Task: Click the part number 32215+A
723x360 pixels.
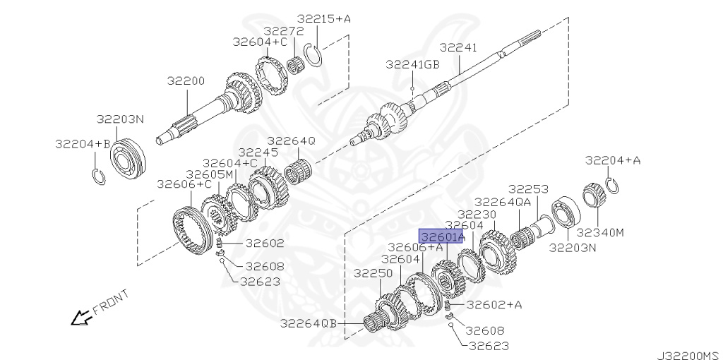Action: [x=323, y=19]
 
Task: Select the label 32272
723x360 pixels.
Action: [x=284, y=31]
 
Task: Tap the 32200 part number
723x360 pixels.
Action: [x=186, y=81]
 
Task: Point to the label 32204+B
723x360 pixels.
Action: [x=83, y=144]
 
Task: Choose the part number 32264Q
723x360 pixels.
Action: [x=292, y=141]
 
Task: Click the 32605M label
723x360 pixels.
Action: [x=210, y=174]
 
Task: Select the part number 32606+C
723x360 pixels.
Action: [x=184, y=184]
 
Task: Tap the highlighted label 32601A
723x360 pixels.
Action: [x=441, y=236]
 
